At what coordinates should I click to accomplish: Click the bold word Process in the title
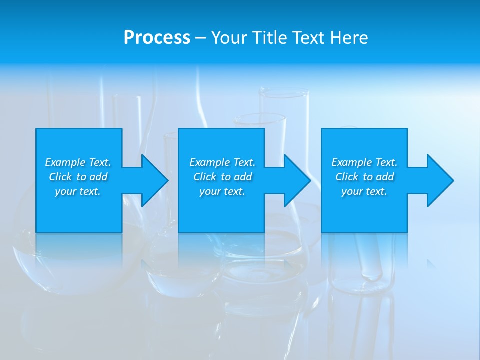[x=157, y=37]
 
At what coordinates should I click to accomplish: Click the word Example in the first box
[x=65, y=162]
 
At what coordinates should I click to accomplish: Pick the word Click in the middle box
[x=205, y=177]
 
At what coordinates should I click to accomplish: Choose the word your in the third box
[x=353, y=191]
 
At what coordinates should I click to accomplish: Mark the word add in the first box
[x=98, y=177]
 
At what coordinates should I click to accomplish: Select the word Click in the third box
[x=347, y=177]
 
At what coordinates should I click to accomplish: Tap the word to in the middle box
[x=226, y=177]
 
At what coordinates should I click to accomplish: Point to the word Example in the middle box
[x=210, y=162]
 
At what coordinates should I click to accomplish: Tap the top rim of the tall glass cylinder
[x=284, y=91]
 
